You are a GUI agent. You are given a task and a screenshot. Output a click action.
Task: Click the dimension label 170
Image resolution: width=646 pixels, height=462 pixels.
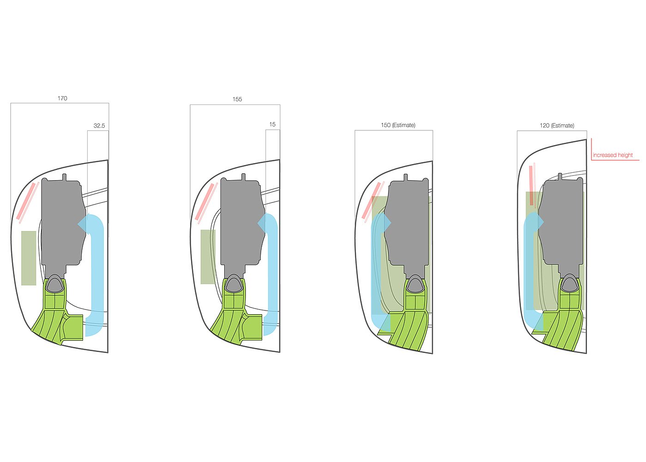pos(62,98)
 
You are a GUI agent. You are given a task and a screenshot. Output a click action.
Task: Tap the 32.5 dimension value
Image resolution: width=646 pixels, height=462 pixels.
pos(99,126)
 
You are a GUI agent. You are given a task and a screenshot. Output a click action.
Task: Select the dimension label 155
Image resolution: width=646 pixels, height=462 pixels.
pos(237,99)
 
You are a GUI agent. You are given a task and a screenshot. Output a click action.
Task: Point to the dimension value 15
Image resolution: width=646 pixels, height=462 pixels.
pos(272,125)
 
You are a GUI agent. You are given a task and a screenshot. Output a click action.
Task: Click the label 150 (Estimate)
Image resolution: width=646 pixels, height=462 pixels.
pos(398,125)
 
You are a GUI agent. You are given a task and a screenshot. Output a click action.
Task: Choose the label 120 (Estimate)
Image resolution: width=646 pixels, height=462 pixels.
pos(557,126)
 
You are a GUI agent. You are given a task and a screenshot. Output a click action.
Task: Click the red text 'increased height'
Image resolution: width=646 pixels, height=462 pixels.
pos(613,155)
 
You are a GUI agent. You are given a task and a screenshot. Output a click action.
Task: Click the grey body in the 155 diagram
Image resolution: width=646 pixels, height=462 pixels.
pos(240,222)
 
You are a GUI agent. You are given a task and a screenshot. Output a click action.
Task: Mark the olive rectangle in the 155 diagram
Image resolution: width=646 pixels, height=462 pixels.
pos(208,256)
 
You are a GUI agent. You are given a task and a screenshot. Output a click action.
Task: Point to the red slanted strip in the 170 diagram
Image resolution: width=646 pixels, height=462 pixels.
pos(26,201)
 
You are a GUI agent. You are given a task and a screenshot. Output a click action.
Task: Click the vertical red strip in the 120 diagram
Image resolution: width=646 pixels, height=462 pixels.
pos(531,185)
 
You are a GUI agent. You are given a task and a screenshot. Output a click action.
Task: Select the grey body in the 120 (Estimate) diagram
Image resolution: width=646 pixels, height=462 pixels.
pos(561,222)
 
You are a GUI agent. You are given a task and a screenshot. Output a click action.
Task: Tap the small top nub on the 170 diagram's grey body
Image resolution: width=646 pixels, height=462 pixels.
pos(64,176)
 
